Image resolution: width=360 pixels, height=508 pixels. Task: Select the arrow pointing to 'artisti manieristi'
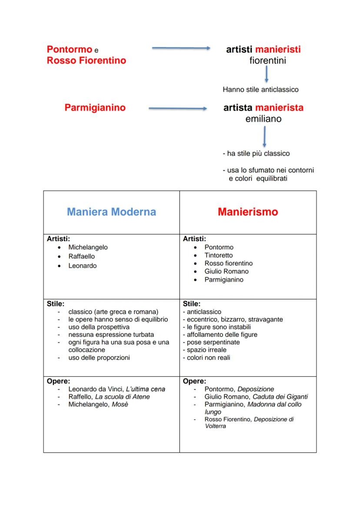[x=181, y=49]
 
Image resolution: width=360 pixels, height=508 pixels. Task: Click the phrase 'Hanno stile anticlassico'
[x=260, y=90]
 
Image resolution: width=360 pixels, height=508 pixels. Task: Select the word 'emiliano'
[x=263, y=119]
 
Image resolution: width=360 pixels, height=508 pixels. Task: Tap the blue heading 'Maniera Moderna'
[x=111, y=212]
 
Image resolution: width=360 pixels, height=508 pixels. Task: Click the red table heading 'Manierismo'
[x=248, y=212]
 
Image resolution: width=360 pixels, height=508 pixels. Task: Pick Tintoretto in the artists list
[x=218, y=255]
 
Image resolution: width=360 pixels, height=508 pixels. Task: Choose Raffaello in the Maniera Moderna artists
[x=81, y=256]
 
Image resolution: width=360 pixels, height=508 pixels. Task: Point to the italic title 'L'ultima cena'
[x=146, y=389]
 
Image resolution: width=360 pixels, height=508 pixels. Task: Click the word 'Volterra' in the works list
[x=215, y=426]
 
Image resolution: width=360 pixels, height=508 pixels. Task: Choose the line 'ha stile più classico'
[x=257, y=153]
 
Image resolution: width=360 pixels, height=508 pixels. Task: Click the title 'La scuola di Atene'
[x=122, y=397]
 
